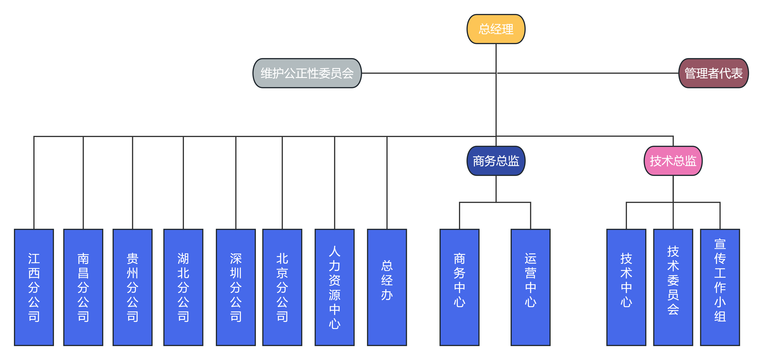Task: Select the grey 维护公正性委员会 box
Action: pos(307,73)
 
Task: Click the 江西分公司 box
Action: pos(34,287)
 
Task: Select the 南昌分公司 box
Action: pos(83,287)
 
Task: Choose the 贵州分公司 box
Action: pos(132,287)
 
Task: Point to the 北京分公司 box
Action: pos(282,287)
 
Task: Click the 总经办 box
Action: pos(387,287)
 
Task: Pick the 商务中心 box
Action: pos(459,287)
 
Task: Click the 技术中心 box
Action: pos(626,287)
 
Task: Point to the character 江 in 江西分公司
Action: pos(34,259)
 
